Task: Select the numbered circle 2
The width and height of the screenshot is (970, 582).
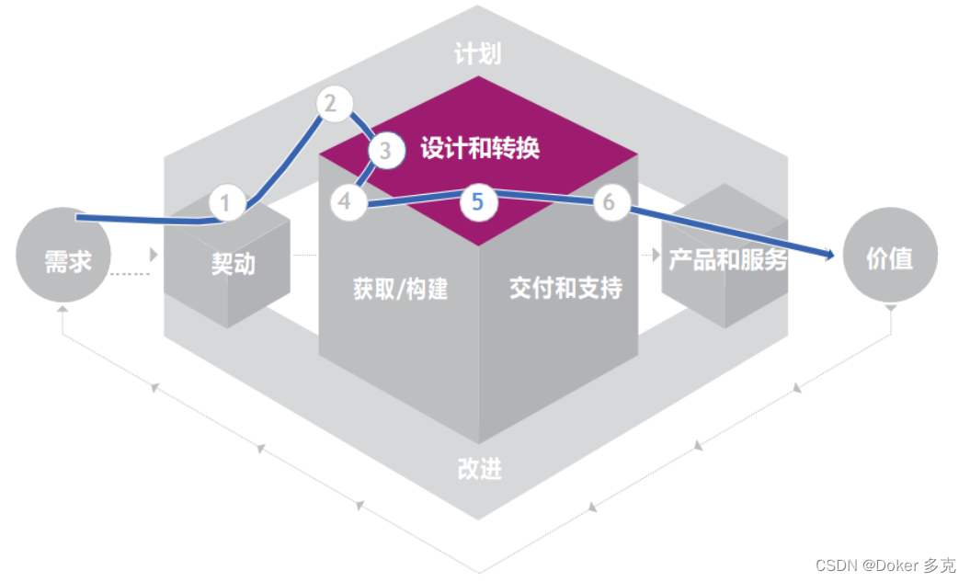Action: pos(331,104)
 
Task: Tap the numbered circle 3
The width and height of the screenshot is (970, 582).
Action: pos(385,152)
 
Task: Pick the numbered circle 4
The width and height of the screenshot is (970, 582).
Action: pos(345,201)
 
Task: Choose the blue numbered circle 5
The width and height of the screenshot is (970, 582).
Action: pos(477,201)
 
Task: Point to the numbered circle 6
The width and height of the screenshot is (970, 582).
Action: pos(608,201)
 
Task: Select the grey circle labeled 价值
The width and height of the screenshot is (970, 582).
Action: pos(889,258)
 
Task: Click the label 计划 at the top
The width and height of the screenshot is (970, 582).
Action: pos(478,54)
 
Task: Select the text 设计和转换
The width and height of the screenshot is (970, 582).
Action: pos(480,149)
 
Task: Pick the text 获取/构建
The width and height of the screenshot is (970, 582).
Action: pos(401,289)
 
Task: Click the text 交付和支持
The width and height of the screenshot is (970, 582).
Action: pos(565,288)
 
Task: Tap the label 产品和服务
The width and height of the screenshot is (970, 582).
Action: pos(727,259)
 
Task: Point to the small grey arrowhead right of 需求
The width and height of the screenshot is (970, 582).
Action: pos(154,254)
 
